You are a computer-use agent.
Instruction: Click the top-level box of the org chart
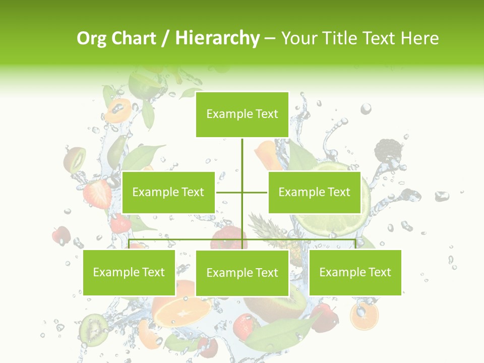point(242,114)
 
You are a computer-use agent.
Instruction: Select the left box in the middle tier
point(168,192)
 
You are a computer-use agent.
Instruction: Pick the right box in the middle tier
point(314,192)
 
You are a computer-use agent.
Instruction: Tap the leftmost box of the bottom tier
point(129,272)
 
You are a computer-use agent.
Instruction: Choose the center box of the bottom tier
point(242,273)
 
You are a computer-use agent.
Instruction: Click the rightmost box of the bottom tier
point(355,272)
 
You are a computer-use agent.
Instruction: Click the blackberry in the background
point(389,150)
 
